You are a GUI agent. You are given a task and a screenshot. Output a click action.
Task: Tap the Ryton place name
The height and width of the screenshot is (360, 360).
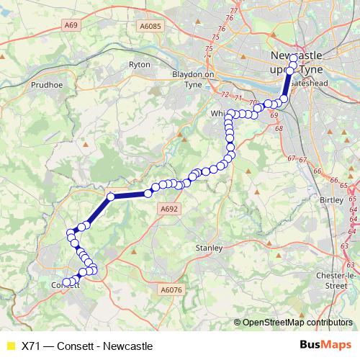coord(139,65)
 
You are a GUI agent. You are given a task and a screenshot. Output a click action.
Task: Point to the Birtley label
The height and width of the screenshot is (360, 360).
coord(331,199)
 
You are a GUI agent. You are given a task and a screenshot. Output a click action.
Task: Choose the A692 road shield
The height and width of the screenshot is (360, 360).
coord(167,209)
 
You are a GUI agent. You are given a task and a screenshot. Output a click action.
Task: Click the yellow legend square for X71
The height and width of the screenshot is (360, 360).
coord(10,346)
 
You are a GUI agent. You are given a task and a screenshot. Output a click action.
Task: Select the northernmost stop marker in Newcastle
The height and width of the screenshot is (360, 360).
coord(294,58)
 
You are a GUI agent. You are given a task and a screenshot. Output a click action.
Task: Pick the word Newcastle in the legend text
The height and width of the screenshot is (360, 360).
coord(128,346)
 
